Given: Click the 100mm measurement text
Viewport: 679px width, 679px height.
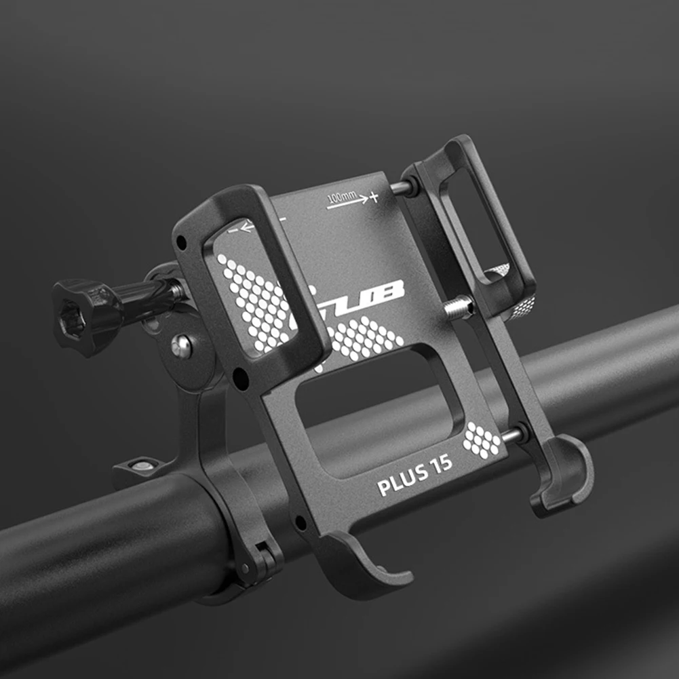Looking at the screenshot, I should point(342,198).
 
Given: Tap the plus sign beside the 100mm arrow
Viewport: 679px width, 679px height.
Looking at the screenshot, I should point(374,197).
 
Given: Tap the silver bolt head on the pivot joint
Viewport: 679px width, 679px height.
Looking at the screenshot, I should point(181,347).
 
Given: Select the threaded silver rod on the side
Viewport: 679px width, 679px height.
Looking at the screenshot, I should point(460,309).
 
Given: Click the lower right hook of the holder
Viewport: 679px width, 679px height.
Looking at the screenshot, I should point(566,475).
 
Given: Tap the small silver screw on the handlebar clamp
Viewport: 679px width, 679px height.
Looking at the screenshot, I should point(141,465).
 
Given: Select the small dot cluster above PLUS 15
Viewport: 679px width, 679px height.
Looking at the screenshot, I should point(482,441).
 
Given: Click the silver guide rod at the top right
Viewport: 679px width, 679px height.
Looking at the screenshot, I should point(402,189).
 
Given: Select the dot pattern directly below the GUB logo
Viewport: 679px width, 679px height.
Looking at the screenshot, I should point(366,337).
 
